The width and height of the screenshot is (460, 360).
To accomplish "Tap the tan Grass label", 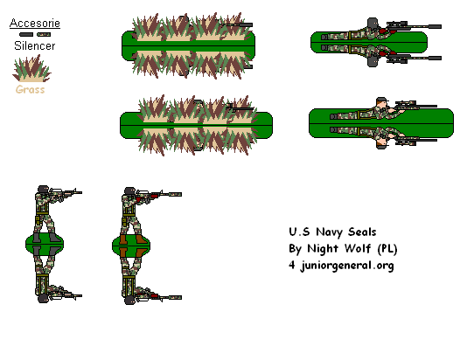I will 30,89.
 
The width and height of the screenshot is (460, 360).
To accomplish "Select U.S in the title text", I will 298,232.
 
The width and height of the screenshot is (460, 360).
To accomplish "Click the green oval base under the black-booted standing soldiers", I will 47,244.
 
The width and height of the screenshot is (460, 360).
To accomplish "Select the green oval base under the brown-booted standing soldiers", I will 133,244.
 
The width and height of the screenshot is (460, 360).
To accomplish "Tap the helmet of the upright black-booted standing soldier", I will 42,190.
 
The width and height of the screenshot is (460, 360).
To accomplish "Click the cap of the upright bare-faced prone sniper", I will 382,102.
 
